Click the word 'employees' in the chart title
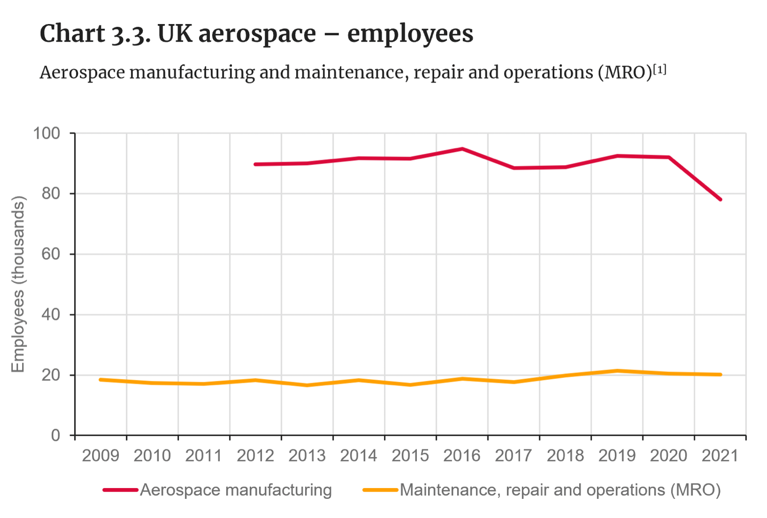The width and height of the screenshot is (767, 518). tap(410, 34)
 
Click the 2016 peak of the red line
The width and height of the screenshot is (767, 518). tap(462, 148)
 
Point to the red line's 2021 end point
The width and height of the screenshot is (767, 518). tap(720, 199)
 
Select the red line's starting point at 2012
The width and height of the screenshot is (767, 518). tap(256, 164)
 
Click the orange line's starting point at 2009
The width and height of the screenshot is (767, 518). tap(101, 380)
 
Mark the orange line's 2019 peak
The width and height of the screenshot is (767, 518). tap(617, 371)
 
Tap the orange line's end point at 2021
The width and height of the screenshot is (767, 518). tap(720, 374)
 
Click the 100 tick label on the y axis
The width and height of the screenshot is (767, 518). tap(46, 133)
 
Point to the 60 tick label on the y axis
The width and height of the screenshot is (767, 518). tap(51, 254)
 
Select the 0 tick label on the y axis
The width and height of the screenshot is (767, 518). tap(55, 435)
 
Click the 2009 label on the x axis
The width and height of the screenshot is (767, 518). tap(101, 456)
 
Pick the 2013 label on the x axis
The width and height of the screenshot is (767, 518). tap(307, 456)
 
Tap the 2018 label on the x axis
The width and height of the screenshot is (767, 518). tap(565, 456)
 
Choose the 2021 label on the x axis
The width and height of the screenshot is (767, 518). tap(720, 456)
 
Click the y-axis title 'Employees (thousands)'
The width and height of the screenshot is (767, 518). tap(18, 284)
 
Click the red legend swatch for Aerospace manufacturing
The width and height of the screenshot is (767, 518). tap(120, 490)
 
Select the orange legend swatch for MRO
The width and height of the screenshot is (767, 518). tap(380, 490)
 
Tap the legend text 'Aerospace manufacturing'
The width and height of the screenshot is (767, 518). tap(236, 490)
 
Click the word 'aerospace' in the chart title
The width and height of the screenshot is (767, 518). tap(257, 34)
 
